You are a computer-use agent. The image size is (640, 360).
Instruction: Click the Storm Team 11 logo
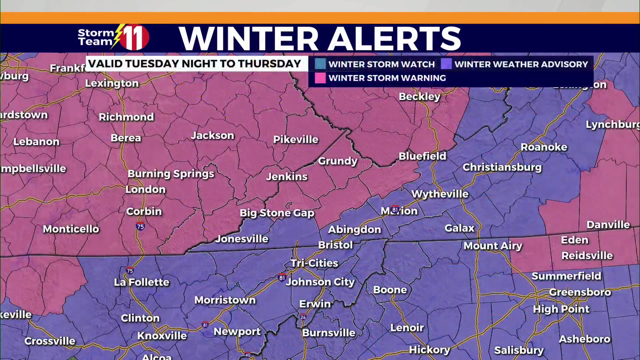(113, 37)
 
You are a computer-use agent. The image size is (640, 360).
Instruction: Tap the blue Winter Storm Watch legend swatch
(320, 64)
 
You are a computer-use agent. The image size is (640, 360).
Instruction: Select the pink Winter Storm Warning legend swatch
(320, 78)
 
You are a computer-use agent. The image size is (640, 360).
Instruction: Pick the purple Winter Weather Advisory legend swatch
(446, 64)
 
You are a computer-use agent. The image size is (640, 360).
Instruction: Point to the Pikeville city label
(296, 139)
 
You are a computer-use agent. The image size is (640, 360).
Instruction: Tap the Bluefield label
(422, 156)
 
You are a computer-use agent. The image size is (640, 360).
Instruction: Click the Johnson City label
(320, 282)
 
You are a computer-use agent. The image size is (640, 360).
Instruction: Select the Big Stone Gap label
(277, 213)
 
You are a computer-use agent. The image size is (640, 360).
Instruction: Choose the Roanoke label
(544, 147)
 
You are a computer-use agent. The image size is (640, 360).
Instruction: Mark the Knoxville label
(162, 336)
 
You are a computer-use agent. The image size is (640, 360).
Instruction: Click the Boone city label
(390, 290)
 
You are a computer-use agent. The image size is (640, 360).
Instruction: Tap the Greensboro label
(580, 292)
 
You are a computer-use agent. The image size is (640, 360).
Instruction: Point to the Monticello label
(71, 229)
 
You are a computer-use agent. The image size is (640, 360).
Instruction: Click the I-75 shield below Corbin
(140, 226)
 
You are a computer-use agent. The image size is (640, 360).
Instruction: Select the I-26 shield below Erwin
(303, 317)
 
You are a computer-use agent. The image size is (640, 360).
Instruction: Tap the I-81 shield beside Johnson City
(282, 277)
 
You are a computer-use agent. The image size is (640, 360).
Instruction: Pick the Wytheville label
(440, 194)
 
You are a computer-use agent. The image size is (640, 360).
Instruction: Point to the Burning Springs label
(171, 174)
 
